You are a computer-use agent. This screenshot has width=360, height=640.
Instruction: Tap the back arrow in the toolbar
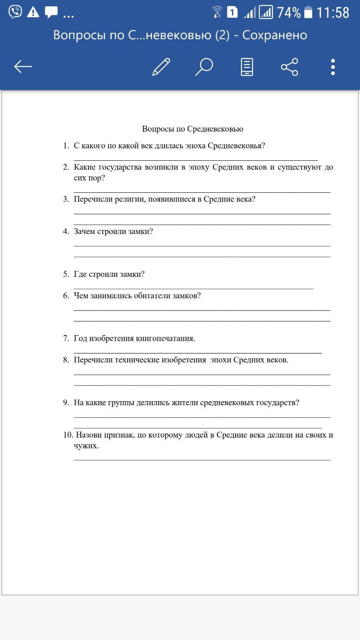[23, 66]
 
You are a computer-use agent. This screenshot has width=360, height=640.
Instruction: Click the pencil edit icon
[161, 67]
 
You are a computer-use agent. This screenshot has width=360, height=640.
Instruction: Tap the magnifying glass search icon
[204, 67]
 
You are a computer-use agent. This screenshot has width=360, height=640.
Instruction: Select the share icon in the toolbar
[290, 67]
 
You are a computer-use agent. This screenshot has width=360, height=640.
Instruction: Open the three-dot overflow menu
[333, 67]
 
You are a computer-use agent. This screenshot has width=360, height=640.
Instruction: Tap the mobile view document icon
[247, 67]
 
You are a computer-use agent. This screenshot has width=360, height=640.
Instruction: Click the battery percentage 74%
[288, 13]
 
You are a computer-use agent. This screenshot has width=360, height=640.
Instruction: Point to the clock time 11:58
[333, 13]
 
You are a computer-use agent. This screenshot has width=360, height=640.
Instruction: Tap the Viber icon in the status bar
[15, 12]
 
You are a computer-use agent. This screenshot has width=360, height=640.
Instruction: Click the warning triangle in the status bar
[33, 13]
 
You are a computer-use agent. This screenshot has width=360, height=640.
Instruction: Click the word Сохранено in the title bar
[274, 35]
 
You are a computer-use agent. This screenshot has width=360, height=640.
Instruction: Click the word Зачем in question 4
[85, 232]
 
